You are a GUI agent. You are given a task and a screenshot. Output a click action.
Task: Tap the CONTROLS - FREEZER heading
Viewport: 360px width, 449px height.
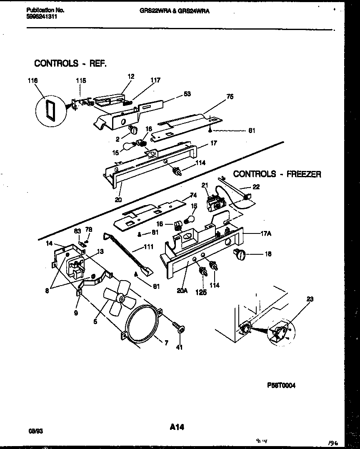pyautogui.click(x=277, y=174)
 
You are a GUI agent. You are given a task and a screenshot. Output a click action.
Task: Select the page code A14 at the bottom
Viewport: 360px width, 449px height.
pyautogui.click(x=177, y=427)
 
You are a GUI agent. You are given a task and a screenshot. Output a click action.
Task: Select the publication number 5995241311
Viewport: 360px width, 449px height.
pyautogui.click(x=41, y=17)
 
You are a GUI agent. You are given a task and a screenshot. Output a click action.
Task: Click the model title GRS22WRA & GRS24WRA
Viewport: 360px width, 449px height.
pyautogui.click(x=175, y=11)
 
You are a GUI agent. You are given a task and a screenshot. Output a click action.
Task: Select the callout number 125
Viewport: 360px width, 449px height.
pyautogui.click(x=202, y=292)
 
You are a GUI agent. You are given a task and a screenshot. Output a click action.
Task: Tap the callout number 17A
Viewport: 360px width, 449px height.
pyautogui.click(x=265, y=234)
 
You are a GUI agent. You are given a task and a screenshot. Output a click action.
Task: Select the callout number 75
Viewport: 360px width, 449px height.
pyautogui.click(x=230, y=97)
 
